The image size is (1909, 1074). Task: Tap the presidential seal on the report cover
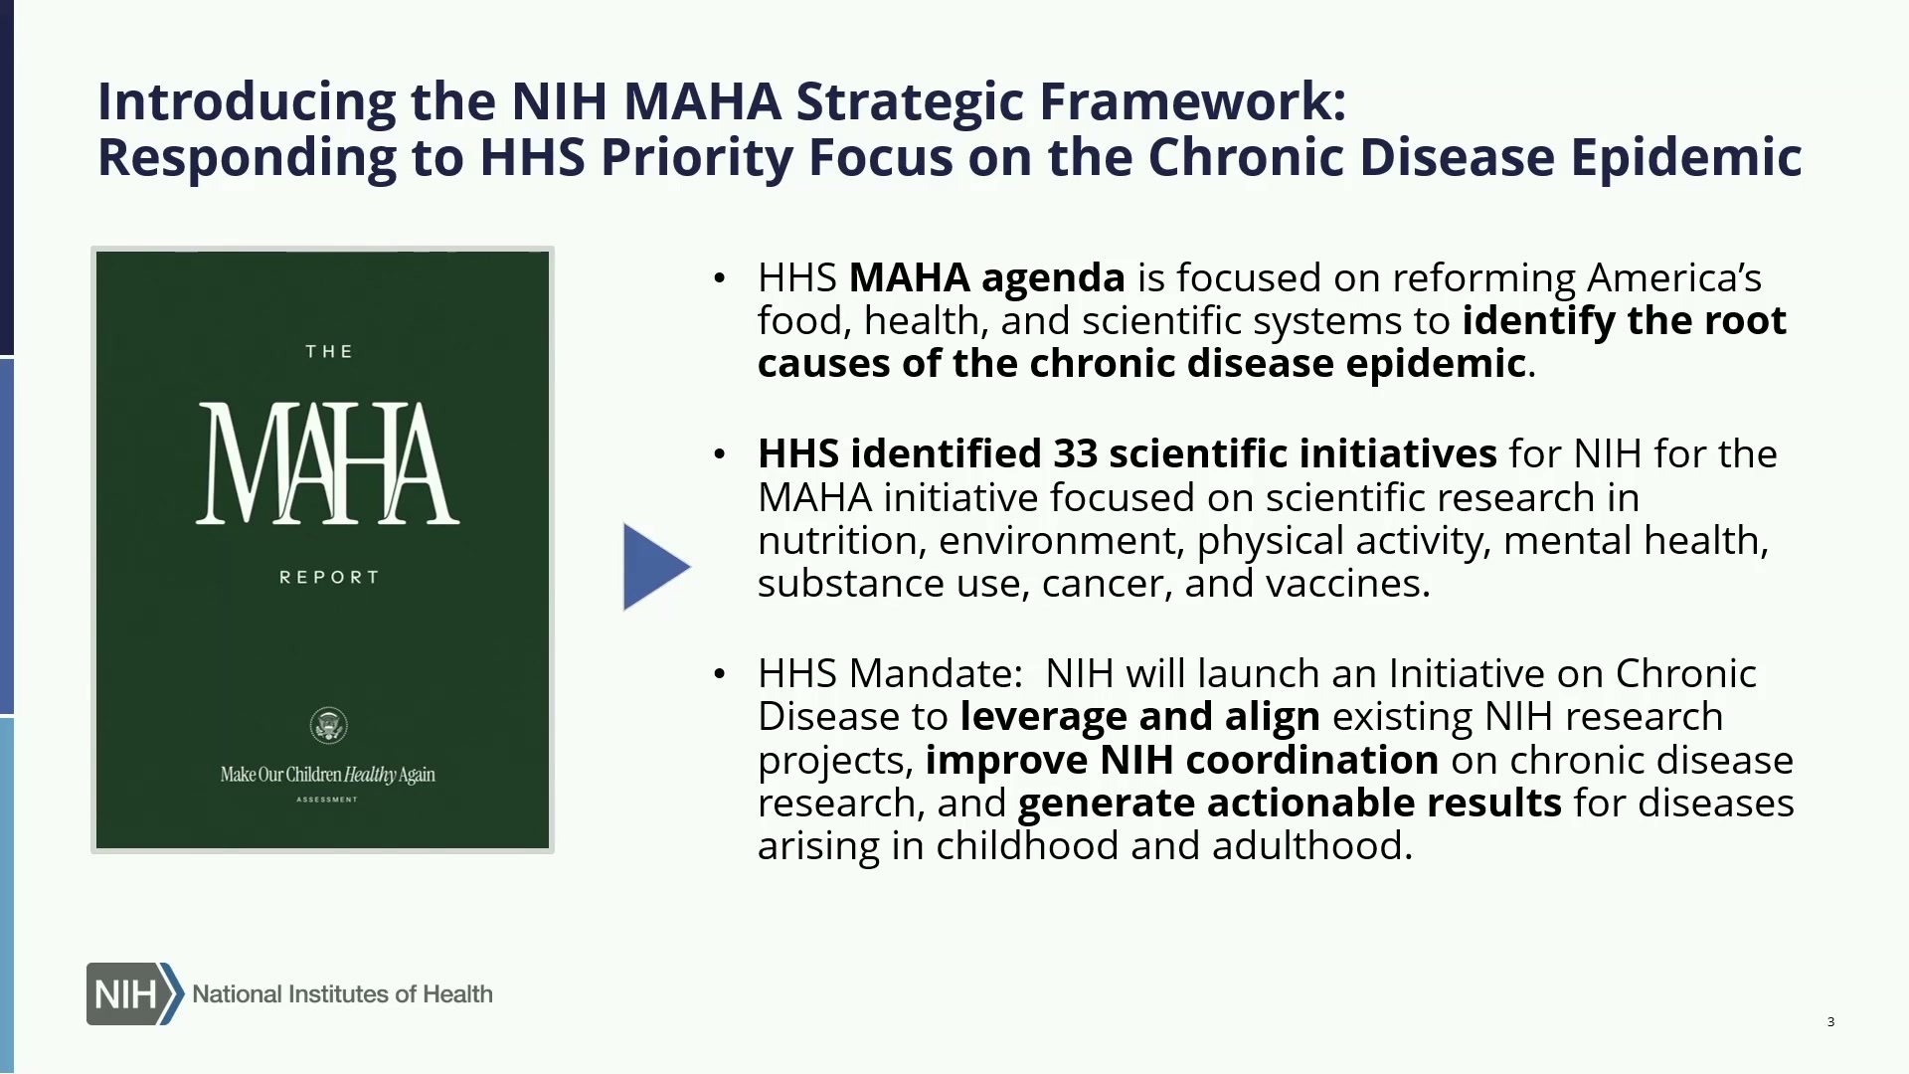[328, 725]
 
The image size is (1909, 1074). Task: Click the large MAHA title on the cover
[327, 463]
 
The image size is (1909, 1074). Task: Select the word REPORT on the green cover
[329, 577]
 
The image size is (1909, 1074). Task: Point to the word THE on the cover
[329, 351]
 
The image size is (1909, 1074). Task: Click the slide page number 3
[1830, 1021]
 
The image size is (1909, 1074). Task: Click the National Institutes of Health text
[342, 993]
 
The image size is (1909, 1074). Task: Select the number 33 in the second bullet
[1075, 453]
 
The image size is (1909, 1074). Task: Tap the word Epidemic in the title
[1686, 157]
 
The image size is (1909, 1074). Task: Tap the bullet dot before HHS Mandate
[720, 674]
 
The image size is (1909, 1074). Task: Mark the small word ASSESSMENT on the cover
[327, 800]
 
